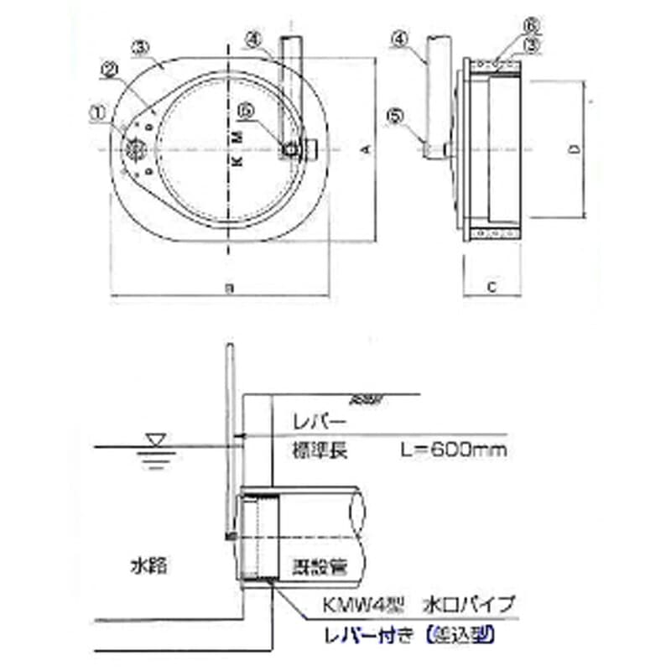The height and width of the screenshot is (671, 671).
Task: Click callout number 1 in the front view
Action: tap(100, 110)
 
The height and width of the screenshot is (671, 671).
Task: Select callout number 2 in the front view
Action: tap(109, 72)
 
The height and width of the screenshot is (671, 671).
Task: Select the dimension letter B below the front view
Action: tap(228, 288)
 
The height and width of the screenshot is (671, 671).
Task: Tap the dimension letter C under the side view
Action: tap(494, 287)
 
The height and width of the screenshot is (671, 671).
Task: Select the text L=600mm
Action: tap(454, 451)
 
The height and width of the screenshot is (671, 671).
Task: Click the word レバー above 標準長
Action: tap(316, 417)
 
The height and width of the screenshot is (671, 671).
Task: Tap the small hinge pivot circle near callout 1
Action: tap(134, 148)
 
